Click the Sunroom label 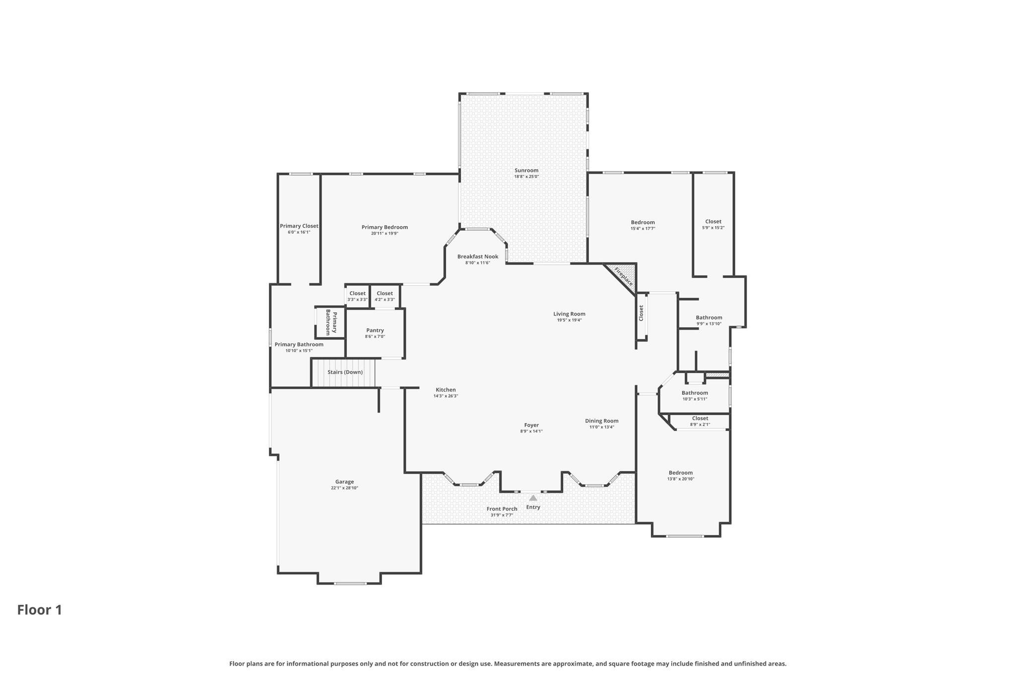(526, 171)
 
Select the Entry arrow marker (533, 498)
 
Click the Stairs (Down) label (345, 372)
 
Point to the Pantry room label (375, 330)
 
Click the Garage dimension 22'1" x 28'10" (344, 488)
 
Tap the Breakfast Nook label (477, 256)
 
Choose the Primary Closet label (299, 226)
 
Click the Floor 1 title (40, 610)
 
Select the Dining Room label (601, 421)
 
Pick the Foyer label (531, 425)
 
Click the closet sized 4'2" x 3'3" (384, 296)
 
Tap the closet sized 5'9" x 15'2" (713, 224)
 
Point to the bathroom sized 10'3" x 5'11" (695, 395)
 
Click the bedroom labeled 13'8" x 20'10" (680, 475)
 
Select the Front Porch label (502, 509)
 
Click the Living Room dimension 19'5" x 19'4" (569, 320)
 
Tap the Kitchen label (445, 390)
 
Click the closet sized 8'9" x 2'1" (699, 421)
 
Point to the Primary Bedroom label (384, 227)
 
